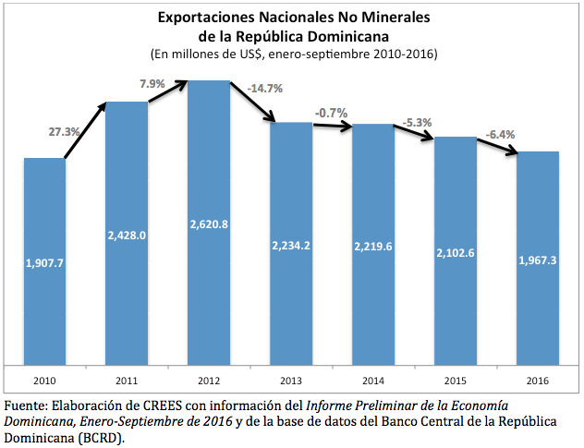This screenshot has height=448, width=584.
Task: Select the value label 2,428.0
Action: coord(127,235)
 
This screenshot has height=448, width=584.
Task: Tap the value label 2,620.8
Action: coord(209,224)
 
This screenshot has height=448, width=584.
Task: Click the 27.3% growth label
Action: coord(63,132)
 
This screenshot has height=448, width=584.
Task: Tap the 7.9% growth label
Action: coord(152,84)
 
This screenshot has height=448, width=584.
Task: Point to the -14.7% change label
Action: coord(265,89)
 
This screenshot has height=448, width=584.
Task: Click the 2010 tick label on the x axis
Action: coord(44,380)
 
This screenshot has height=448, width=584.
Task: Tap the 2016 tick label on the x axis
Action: coord(537,380)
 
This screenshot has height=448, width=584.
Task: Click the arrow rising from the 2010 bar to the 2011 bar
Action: coord(85,129)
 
